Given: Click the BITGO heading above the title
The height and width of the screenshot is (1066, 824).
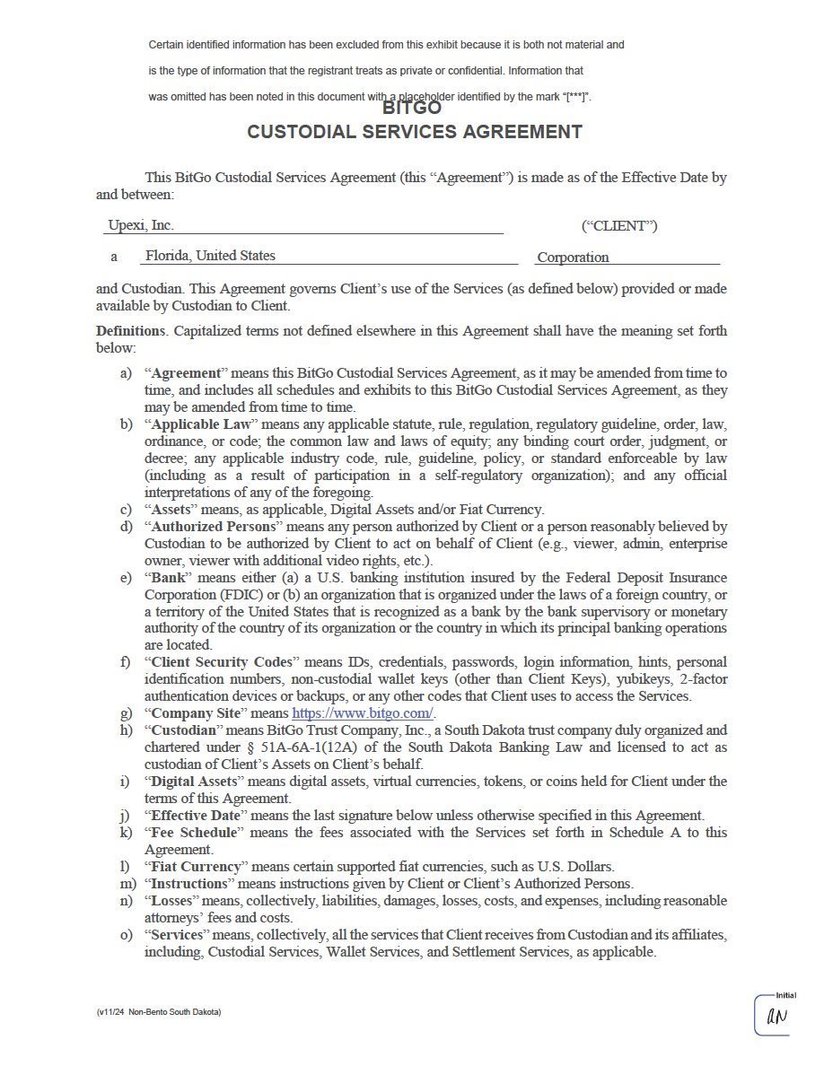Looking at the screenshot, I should click(x=412, y=108).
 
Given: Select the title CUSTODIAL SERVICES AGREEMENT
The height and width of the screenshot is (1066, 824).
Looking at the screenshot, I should click(x=415, y=132).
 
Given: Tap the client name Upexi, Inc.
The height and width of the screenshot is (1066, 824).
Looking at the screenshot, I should click(x=141, y=225).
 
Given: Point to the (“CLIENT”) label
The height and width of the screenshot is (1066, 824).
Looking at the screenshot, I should click(x=619, y=226).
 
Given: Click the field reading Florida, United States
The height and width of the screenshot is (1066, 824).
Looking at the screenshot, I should click(x=210, y=256).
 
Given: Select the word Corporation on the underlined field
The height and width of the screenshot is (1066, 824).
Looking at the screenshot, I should click(x=573, y=258).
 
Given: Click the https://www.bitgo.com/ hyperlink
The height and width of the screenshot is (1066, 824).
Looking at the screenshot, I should click(x=363, y=713).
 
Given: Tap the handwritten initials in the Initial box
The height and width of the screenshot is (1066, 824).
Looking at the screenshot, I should click(x=776, y=1017).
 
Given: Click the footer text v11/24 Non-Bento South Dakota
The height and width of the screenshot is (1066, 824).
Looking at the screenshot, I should click(x=159, y=1012).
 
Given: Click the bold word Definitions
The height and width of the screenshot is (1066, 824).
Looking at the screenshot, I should click(x=131, y=331).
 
